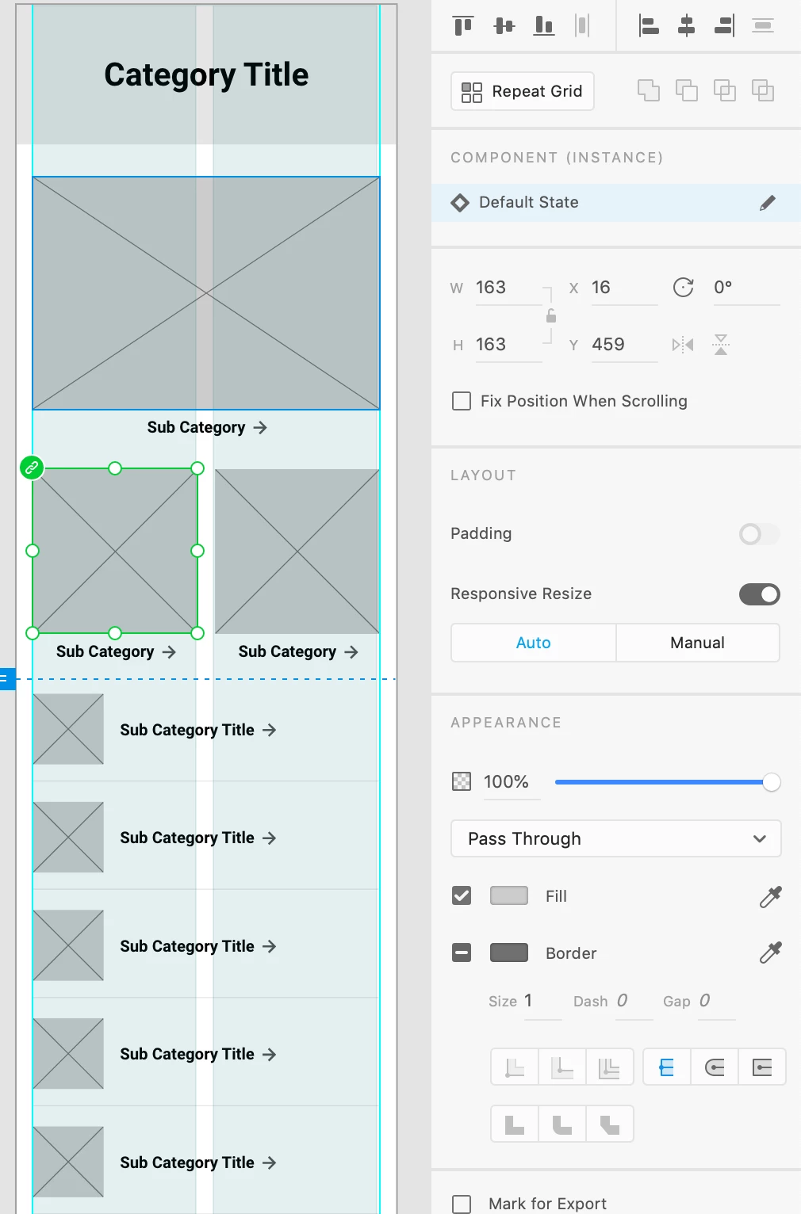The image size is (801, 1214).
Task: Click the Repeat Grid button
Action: (x=523, y=91)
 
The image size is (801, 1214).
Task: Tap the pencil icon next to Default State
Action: (x=768, y=203)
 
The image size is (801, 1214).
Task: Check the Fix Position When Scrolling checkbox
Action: (x=462, y=401)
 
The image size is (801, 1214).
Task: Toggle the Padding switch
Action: (x=759, y=534)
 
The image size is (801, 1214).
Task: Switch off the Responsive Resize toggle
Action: (x=759, y=594)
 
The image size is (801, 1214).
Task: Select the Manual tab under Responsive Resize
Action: (x=697, y=643)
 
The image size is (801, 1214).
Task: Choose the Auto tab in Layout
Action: (x=533, y=643)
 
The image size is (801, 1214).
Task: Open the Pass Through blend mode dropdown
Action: (x=615, y=838)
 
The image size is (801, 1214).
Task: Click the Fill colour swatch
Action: (x=508, y=896)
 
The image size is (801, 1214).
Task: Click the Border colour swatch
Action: (x=508, y=952)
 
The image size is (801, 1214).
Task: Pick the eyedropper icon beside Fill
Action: (x=770, y=896)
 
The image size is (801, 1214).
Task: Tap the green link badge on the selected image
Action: (x=32, y=468)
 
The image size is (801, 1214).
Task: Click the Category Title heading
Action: (x=206, y=74)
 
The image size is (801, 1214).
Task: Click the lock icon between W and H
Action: (x=551, y=316)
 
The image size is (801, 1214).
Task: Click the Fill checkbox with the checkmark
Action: (x=462, y=896)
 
